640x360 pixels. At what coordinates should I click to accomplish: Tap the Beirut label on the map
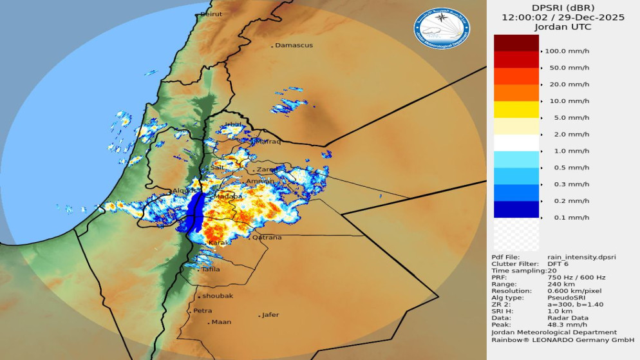(211, 14)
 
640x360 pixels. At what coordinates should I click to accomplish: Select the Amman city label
(260, 182)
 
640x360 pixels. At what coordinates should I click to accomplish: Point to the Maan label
(221, 322)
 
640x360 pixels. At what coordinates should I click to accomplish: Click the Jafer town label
(270, 315)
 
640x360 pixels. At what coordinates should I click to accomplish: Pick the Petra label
(203, 310)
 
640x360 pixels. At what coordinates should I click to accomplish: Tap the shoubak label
(217, 296)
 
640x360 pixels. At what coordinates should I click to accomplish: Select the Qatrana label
(267, 237)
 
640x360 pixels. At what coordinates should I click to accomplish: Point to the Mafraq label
(268, 141)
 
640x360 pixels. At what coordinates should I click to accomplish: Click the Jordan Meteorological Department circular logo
(442, 28)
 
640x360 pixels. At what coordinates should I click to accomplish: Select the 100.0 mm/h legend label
(567, 51)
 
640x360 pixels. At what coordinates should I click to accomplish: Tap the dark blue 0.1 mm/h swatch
(516, 209)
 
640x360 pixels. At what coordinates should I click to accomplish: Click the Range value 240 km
(561, 283)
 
